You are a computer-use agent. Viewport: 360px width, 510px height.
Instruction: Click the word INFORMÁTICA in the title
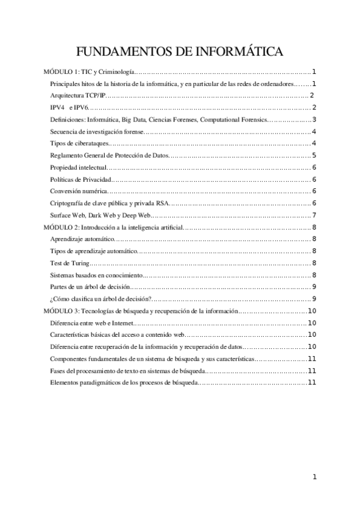click(236, 52)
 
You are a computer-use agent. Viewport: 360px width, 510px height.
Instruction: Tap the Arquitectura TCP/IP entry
click(79, 96)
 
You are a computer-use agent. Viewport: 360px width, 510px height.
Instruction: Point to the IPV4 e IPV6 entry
click(70, 108)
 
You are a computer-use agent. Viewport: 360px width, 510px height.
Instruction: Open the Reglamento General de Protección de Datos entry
click(110, 155)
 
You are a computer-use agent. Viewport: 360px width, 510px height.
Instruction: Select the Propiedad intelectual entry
click(79, 167)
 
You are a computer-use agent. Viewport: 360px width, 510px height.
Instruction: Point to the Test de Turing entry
click(71, 263)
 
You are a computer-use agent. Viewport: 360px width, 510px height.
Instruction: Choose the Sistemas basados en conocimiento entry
click(97, 275)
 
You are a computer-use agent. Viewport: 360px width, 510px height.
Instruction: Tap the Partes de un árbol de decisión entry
click(89, 287)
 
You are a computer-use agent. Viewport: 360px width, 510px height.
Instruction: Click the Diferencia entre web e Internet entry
click(89, 323)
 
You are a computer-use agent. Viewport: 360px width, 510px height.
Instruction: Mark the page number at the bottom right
click(314, 478)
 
